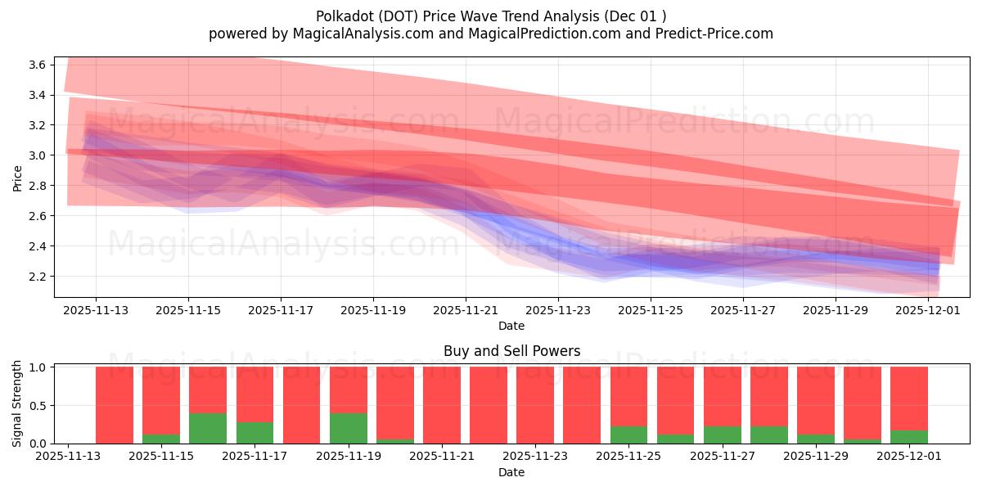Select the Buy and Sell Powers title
tap(511, 351)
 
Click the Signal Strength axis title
tap(18, 403)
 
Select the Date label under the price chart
tap(511, 326)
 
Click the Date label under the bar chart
tap(511, 472)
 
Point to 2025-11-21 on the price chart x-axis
tap(466, 311)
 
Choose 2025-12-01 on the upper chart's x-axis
tap(928, 311)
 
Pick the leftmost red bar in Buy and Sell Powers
tap(115, 405)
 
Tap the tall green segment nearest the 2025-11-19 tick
tap(349, 428)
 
